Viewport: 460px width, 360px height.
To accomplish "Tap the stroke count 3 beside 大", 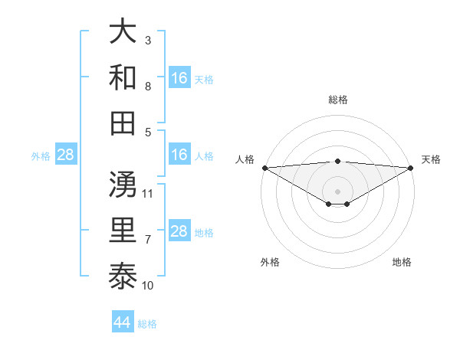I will pyautogui.click(x=148, y=40).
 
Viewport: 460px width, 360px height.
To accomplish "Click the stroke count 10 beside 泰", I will pyautogui.click(x=148, y=286).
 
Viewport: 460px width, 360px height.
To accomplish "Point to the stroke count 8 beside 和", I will pyautogui.click(x=148, y=87).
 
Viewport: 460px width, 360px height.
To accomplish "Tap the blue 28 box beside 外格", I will pyautogui.click(x=66, y=155).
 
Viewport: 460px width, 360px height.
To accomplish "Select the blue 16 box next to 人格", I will pyautogui.click(x=179, y=155).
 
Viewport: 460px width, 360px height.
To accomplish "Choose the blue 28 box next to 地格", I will pyautogui.click(x=179, y=232).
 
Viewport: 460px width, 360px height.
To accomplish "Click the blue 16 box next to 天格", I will pyautogui.click(x=179, y=78).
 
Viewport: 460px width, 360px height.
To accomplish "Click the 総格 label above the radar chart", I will pyautogui.click(x=338, y=100).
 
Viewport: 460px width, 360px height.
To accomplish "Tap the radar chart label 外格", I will pyautogui.click(x=270, y=263).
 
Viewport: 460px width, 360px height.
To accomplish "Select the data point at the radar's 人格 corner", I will pyautogui.click(x=264, y=168).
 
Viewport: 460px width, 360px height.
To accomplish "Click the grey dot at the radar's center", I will pyautogui.click(x=338, y=190).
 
